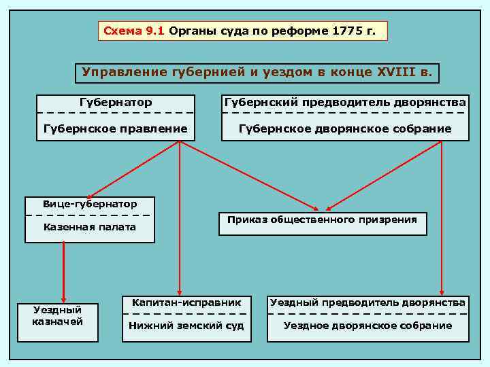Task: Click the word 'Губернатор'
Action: click(x=116, y=103)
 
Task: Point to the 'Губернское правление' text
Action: click(x=116, y=128)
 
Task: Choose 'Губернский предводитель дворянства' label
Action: click(x=345, y=103)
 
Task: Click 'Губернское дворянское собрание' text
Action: click(x=345, y=128)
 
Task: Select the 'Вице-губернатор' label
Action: click(x=89, y=204)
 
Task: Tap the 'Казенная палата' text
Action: click(x=89, y=227)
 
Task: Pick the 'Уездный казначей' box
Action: click(x=58, y=316)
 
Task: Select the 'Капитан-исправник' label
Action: click(x=186, y=302)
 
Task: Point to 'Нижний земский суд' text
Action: click(x=186, y=326)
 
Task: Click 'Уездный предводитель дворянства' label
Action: click(x=367, y=302)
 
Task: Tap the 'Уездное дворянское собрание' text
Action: click(x=367, y=326)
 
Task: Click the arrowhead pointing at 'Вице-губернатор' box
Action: click(x=89, y=195)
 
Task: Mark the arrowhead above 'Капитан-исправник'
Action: click(x=179, y=290)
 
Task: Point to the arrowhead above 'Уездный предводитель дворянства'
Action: click(x=442, y=290)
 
